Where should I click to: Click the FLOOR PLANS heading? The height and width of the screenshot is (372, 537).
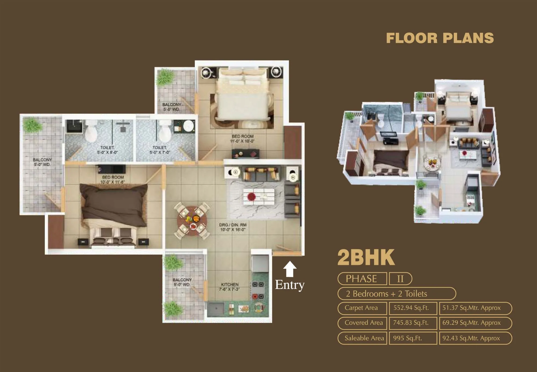pyautogui.click(x=440, y=38)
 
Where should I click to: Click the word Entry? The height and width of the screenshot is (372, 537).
pyautogui.click(x=290, y=285)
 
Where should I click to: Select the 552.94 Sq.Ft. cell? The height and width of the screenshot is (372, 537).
pyautogui.click(x=411, y=308)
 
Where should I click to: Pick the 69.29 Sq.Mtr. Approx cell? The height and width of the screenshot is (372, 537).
pyautogui.click(x=472, y=323)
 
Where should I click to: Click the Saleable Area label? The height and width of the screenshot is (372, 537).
pyautogui.click(x=364, y=338)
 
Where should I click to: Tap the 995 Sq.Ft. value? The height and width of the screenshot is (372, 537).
pyautogui.click(x=408, y=338)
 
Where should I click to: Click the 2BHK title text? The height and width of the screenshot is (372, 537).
pyautogui.click(x=366, y=257)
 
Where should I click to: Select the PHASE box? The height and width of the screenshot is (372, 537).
pyautogui.click(x=361, y=279)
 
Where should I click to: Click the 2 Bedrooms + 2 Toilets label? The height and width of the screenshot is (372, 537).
pyautogui.click(x=387, y=294)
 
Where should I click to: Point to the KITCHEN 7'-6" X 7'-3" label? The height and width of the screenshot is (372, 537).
pyautogui.click(x=230, y=287)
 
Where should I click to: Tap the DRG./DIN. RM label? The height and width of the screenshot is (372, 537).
pyautogui.click(x=233, y=227)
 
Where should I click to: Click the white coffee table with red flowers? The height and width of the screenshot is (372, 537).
pyautogui.click(x=259, y=197)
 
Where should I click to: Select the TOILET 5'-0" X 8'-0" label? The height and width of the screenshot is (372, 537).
pyautogui.click(x=107, y=150)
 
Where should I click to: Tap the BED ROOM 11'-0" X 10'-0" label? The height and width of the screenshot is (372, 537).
pyautogui.click(x=242, y=139)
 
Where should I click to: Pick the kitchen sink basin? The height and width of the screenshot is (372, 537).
pyautogui.click(x=216, y=309)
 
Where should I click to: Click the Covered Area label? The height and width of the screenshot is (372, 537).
pyautogui.click(x=364, y=323)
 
